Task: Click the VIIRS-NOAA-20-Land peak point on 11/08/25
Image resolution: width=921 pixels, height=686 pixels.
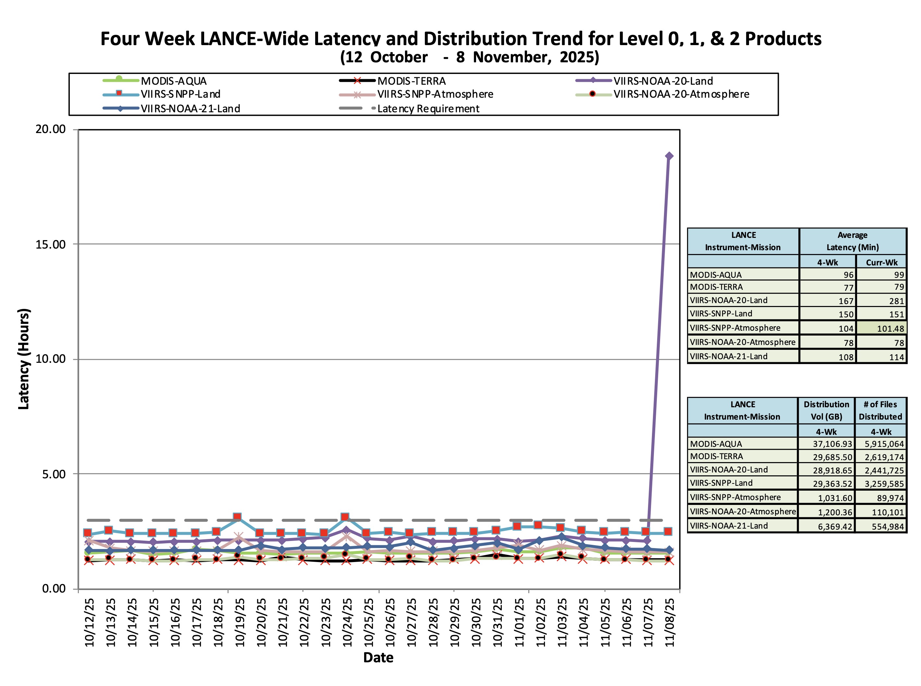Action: tap(669, 156)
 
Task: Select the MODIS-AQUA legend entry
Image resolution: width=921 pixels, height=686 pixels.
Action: tap(174, 81)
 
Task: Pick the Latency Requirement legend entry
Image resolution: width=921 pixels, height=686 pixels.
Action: tap(428, 109)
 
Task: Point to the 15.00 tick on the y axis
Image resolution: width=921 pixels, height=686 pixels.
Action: tap(51, 244)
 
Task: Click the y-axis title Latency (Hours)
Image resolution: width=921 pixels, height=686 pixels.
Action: tap(24, 359)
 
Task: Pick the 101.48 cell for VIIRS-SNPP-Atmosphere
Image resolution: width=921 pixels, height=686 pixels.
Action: tap(890, 328)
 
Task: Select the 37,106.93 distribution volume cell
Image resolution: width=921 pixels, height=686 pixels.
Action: tap(832, 444)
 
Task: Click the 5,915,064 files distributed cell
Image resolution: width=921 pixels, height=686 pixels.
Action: tap(884, 444)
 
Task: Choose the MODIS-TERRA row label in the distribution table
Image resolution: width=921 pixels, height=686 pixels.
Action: tap(716, 456)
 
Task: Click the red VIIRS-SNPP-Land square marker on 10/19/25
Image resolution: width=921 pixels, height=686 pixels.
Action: tap(237, 517)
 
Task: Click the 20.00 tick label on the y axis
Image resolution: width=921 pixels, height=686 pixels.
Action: tap(51, 129)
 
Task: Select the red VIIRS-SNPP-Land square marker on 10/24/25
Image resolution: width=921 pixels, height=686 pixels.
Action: tap(345, 517)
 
